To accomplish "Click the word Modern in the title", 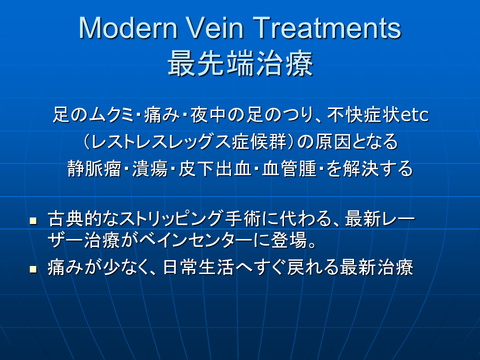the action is tap(128, 28).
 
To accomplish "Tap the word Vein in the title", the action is tap(215, 28).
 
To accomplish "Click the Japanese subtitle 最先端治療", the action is tap(240, 63).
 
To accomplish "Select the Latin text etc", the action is tap(414, 115).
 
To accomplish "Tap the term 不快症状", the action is tap(363, 115).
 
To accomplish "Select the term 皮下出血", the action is tap(215, 168).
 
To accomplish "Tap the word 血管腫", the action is tap(289, 168).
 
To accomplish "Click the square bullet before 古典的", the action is tap(33, 220).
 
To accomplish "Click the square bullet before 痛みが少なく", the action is tap(33, 269).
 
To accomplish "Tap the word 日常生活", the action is tap(198, 267).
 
